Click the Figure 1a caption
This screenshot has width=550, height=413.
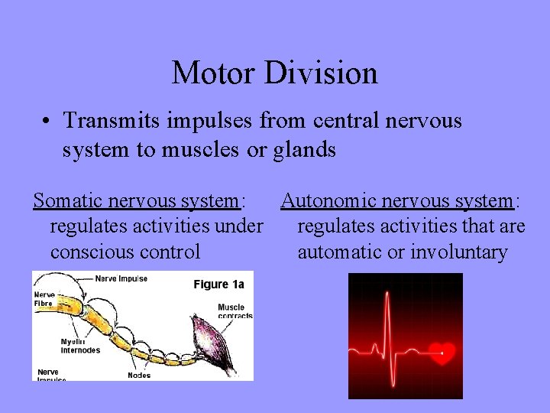[218, 285]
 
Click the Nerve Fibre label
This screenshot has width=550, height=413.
[44, 298]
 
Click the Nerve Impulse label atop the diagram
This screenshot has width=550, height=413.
[121, 278]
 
